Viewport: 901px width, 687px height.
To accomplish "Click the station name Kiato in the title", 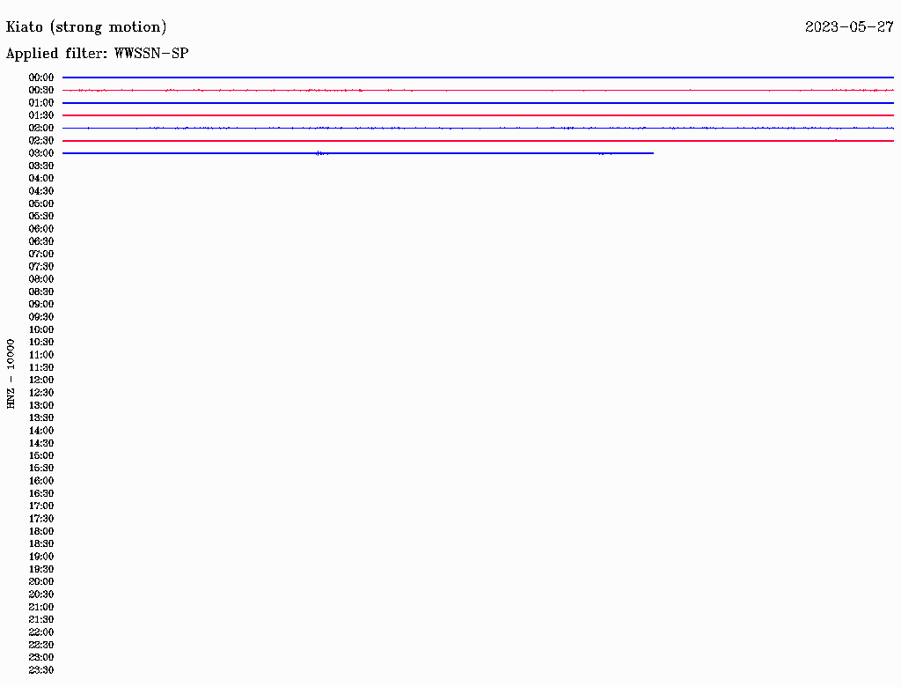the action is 24,27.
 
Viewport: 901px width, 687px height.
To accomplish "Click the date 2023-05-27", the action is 849,27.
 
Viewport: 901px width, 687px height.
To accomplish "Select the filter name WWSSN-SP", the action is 151,54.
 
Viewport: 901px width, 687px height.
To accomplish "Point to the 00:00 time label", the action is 41,78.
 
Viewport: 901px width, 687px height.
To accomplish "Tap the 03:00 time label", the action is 41,153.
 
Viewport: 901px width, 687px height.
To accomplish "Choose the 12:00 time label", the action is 41,380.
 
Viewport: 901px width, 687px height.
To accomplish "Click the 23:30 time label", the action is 41,669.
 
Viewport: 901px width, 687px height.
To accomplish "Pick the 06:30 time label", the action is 41,241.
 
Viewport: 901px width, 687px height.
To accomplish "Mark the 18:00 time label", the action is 41,531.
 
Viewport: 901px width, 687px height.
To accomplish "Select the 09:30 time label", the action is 41,317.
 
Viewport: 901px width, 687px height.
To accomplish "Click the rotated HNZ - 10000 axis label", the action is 11,374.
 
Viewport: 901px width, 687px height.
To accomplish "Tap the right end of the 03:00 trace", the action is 654,153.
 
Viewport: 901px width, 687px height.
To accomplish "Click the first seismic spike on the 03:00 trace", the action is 319,153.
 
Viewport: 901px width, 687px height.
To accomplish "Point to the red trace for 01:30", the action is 478,115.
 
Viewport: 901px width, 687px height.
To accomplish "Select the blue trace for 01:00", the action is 478,102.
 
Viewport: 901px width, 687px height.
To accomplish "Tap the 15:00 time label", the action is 41,455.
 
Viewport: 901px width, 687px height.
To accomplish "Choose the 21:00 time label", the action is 41,607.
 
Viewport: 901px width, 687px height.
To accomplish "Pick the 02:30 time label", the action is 41,140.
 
